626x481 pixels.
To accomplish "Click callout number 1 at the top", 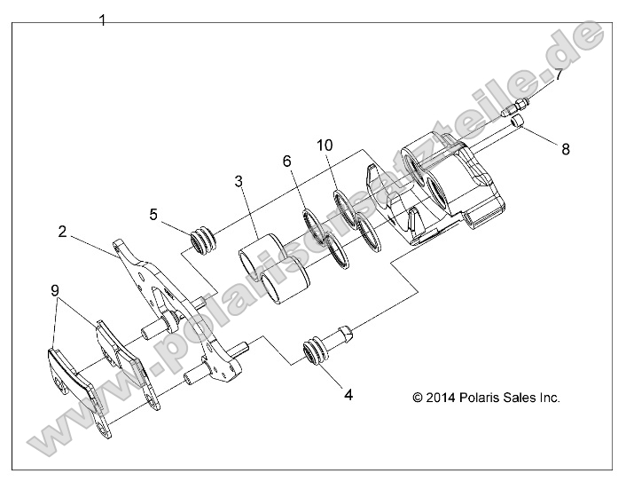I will coord(103,20).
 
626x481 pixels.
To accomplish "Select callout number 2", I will coord(63,232).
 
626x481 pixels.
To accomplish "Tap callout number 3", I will coord(239,181).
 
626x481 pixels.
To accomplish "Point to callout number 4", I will coord(348,395).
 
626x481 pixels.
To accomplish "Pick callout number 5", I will coord(153,214).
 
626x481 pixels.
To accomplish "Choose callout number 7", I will coord(558,75).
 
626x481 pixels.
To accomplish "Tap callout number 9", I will coord(54,290).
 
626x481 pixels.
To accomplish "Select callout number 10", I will coord(325,145).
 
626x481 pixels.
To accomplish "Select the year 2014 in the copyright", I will coord(439,398).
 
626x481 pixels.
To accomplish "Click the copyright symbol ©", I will coord(417,398).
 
